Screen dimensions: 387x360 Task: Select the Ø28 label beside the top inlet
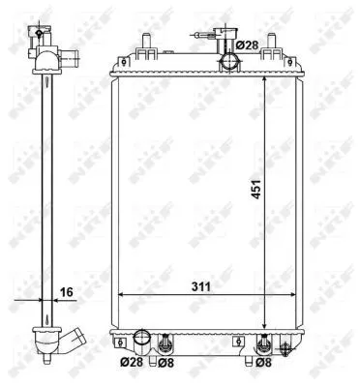point(249,45)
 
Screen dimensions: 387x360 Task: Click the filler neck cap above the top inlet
point(225,41)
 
